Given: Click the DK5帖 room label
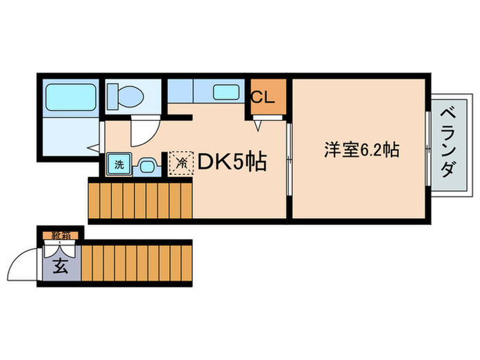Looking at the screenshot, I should click(232, 162).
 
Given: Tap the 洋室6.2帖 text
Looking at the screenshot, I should click(362, 149).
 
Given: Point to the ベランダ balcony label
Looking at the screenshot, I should click(446, 143).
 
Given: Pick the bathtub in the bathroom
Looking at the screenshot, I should click(70, 99).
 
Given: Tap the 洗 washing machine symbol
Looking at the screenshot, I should click(119, 165).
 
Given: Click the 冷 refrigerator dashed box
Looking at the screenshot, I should click(182, 163).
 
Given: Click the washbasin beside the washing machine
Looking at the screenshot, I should click(145, 165).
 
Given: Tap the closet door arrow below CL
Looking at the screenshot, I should click(259, 125).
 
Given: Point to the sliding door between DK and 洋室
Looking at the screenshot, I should click(289, 161).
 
